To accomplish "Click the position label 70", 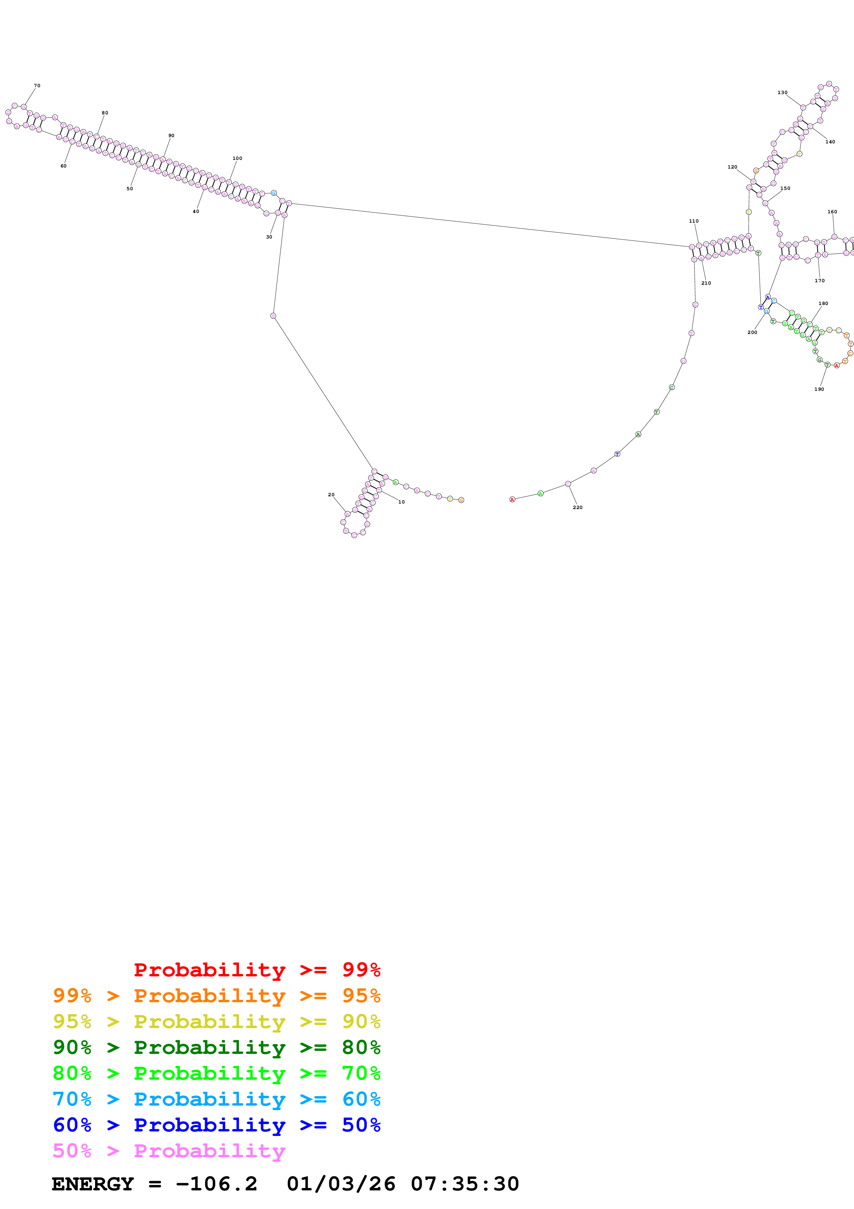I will pyautogui.click(x=37, y=86).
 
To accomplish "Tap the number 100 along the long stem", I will pyautogui.click(x=237, y=158).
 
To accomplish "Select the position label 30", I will pyautogui.click(x=269, y=237).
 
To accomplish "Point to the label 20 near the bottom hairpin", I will pyautogui.click(x=331, y=495).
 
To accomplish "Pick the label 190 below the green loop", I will pyautogui.click(x=819, y=389).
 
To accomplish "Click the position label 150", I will pyautogui.click(x=785, y=188).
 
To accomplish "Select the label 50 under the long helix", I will pyautogui.click(x=130, y=189).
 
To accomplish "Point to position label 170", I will pyautogui.click(x=819, y=281).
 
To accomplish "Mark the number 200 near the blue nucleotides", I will pyautogui.click(x=752, y=332).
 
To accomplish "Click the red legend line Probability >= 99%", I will pyautogui.click(x=257, y=970).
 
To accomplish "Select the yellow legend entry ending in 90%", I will pyautogui.click(x=217, y=1022).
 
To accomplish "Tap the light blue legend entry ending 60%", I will pyautogui.click(x=217, y=1099).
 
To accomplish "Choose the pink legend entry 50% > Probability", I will pyautogui.click(x=169, y=1150).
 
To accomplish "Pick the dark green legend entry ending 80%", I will pyautogui.click(x=217, y=1047).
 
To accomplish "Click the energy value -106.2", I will pyautogui.click(x=216, y=1184).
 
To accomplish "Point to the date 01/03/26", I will pyautogui.click(x=340, y=1184).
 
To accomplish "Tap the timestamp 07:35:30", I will pyautogui.click(x=465, y=1184).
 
